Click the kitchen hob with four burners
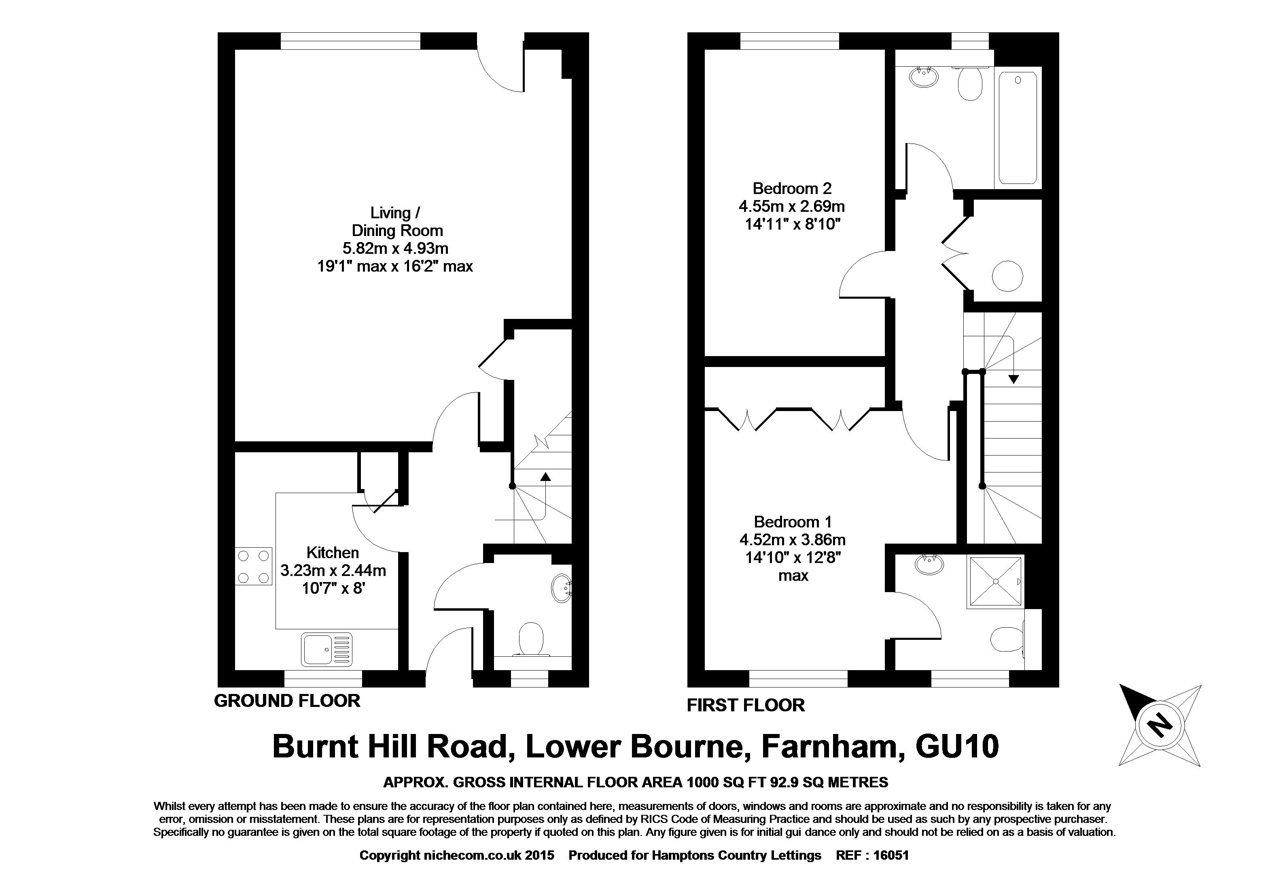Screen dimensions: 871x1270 [x=254, y=566]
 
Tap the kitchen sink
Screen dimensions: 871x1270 [x=327, y=649]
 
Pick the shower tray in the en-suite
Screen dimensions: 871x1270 [x=995, y=582]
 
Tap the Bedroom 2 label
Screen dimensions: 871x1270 [x=792, y=188]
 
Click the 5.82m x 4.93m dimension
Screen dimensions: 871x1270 [x=395, y=249]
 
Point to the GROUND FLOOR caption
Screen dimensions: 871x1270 [x=287, y=700]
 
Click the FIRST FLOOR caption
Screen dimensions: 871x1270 [x=745, y=705]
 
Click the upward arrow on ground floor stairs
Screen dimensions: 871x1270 [x=545, y=476]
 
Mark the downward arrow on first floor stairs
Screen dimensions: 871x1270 [x=1013, y=378]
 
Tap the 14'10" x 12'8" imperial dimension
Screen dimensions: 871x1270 [x=792, y=557]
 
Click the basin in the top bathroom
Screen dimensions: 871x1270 [x=924, y=76]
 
